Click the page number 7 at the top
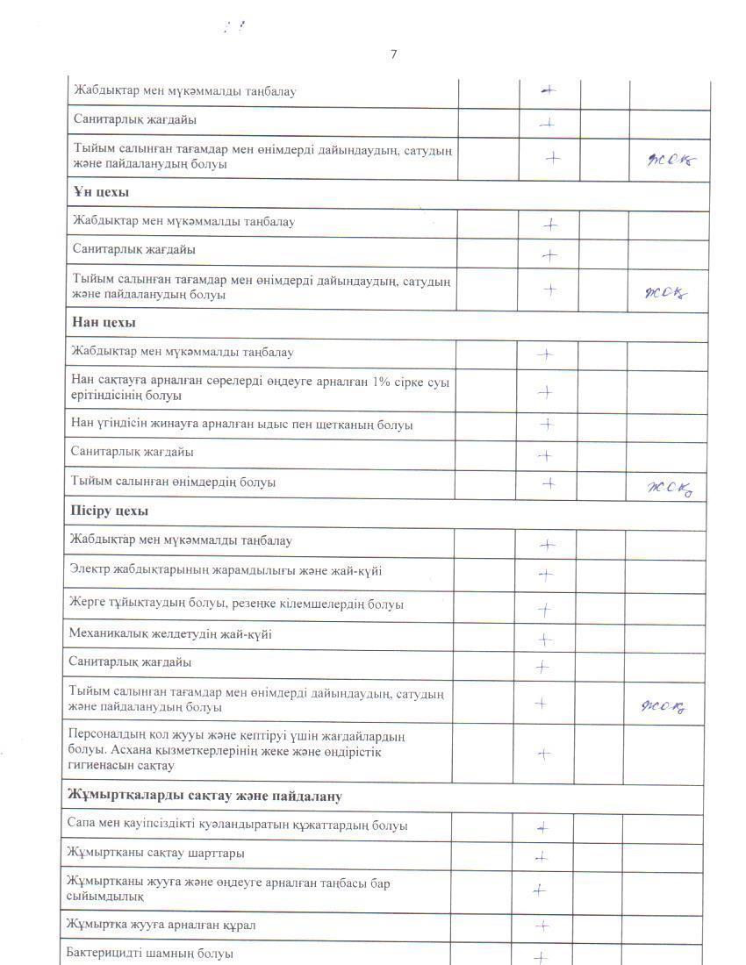pyautogui.click(x=393, y=54)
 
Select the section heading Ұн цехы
pyautogui.click(x=101, y=192)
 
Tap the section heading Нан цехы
pyautogui.click(x=104, y=323)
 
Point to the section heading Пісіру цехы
pyautogui.click(x=109, y=511)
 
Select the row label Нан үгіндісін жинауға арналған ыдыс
pyautogui.click(x=241, y=425)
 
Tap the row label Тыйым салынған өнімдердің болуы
pyautogui.click(x=173, y=482)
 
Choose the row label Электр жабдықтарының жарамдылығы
pyautogui.click(x=226, y=570)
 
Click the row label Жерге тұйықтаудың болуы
pyautogui.click(x=236, y=604)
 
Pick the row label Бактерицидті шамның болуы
pyautogui.click(x=150, y=954)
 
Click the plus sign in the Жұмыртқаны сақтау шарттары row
pyautogui.click(x=542, y=857)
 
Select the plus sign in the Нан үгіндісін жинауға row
pyautogui.click(x=546, y=425)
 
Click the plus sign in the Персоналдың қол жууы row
pyautogui.click(x=543, y=754)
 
